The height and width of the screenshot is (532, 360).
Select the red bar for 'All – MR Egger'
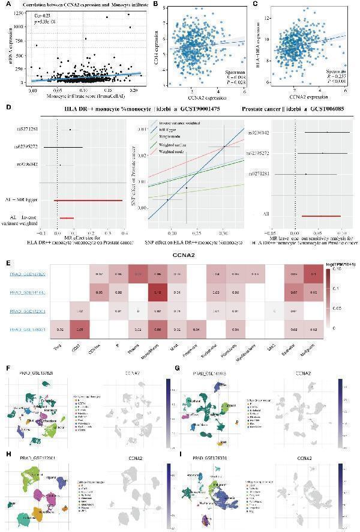88,200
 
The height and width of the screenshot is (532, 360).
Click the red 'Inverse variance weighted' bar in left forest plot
66,218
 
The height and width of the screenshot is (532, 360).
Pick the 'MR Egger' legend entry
170,130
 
